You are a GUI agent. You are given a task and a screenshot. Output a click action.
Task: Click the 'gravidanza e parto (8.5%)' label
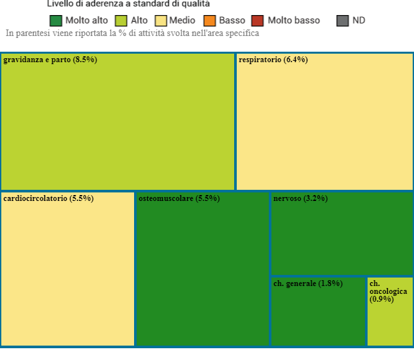(50, 60)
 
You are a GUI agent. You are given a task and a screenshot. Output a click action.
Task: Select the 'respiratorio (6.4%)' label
(273, 60)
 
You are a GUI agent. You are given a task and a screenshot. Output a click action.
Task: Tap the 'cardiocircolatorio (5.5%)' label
(48, 198)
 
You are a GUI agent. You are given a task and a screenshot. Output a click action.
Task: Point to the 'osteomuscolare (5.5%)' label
(179, 198)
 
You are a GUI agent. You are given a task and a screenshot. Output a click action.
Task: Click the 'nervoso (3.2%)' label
(300, 198)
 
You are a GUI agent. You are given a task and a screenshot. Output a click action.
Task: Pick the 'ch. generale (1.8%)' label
(307, 283)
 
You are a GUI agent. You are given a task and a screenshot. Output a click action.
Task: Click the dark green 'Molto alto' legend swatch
(56, 20)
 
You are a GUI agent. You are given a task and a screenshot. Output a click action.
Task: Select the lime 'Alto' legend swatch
(121, 20)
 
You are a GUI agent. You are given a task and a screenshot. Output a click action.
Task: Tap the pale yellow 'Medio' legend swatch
(161, 20)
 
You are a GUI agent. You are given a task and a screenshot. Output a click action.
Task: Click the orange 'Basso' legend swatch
(210, 20)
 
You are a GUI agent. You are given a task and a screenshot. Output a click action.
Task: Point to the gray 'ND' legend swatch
(343, 20)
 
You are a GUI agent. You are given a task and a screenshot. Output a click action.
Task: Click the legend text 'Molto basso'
(294, 20)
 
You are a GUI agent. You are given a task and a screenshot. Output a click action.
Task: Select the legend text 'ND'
(358, 20)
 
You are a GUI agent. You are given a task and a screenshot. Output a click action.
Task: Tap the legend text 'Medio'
(182, 20)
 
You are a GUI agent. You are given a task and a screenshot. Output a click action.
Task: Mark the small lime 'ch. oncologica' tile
(390, 324)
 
